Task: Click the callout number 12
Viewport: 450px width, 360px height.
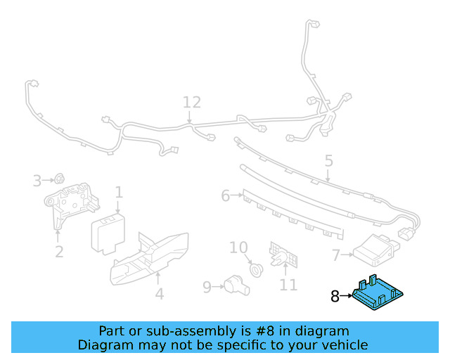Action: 192,103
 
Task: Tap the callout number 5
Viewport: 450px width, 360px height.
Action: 328,161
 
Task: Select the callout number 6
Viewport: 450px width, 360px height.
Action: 226,195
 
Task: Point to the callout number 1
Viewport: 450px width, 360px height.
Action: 119,192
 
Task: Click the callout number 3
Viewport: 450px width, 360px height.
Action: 37,181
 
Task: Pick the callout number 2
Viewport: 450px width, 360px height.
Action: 59,251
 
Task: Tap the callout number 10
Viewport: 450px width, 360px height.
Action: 239,247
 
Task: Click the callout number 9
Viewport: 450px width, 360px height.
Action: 207,286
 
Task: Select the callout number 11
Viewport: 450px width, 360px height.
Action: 288,285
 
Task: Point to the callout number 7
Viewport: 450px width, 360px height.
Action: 336,255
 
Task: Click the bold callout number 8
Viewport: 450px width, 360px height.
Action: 335,297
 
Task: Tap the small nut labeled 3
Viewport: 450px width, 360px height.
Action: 60,180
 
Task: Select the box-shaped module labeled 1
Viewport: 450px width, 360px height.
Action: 109,235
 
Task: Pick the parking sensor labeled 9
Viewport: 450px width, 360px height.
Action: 235,285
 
